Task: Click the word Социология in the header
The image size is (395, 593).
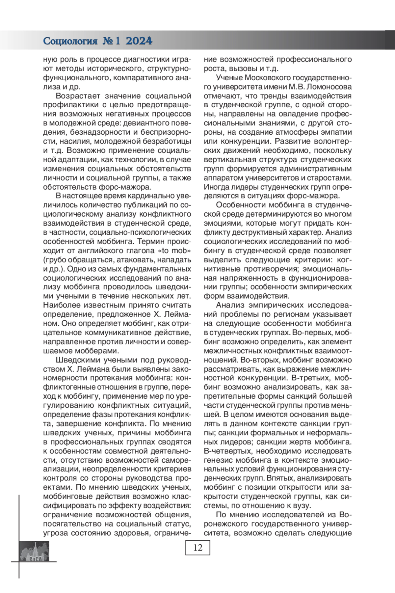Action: point(70,41)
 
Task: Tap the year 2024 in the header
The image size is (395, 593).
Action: point(139,41)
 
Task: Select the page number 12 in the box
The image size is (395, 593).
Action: point(197,548)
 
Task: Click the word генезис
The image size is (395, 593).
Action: point(218,459)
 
